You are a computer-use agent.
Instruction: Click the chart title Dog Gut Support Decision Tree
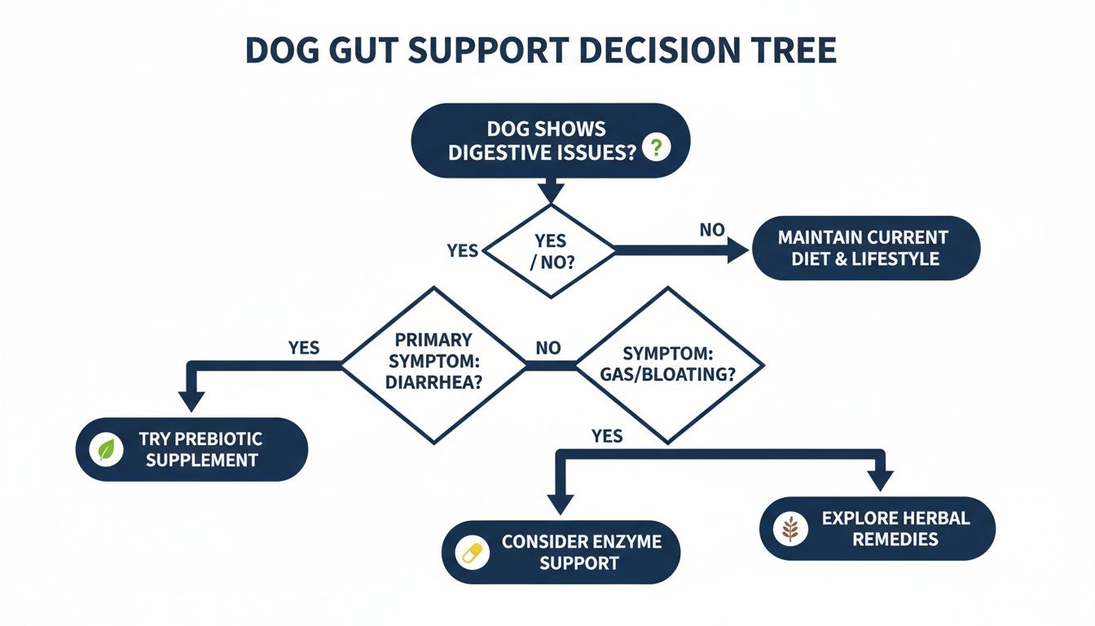click(540, 51)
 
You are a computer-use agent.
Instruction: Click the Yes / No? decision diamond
click(551, 251)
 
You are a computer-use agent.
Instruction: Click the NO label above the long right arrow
click(711, 230)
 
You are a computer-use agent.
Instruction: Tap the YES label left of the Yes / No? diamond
click(462, 250)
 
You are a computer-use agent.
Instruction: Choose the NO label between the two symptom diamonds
click(547, 348)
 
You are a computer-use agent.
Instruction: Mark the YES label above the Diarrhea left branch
click(304, 348)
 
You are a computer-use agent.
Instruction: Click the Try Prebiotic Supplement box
click(191, 450)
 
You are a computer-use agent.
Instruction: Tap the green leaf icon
click(105, 450)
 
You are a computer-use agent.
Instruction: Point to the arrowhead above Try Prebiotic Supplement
click(191, 401)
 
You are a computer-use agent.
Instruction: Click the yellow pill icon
click(472, 553)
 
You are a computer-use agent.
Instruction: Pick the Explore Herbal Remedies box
click(877, 528)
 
